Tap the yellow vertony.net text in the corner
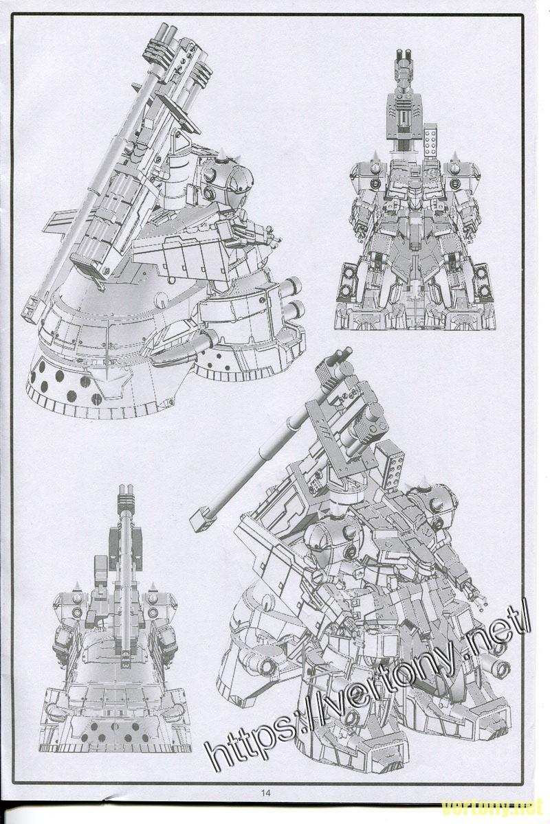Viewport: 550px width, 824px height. click(x=493, y=809)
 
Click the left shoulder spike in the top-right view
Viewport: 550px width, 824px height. click(x=375, y=157)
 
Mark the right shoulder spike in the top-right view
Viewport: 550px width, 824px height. click(x=454, y=157)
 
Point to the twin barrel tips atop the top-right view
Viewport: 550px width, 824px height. click(x=403, y=56)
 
